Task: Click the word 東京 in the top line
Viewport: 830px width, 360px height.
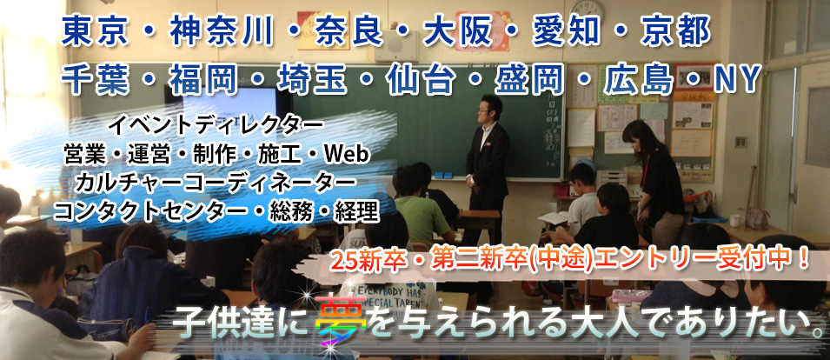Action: click(x=96, y=32)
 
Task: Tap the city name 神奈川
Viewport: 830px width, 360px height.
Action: click(x=222, y=32)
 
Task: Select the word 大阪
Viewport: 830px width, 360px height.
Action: click(x=457, y=32)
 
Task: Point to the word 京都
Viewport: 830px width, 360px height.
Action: click(x=675, y=32)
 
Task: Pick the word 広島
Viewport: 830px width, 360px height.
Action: click(x=639, y=79)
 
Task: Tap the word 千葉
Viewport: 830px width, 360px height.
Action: click(x=96, y=79)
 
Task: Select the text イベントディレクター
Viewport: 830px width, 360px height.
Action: click(x=216, y=126)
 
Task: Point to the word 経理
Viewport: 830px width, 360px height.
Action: click(x=357, y=212)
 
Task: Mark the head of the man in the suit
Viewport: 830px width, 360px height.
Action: click(x=490, y=108)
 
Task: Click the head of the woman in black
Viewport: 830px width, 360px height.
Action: click(x=635, y=136)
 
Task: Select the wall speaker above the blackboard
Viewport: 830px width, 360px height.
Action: click(x=396, y=46)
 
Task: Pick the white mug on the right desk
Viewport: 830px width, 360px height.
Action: click(x=734, y=220)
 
